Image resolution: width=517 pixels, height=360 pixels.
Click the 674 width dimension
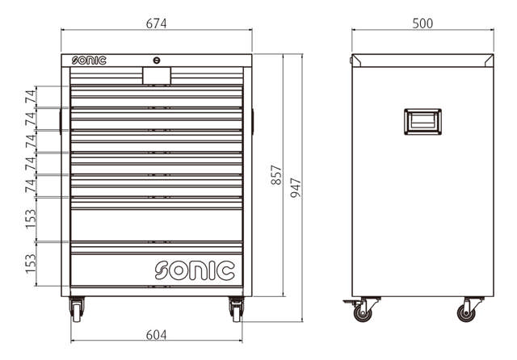(156, 23)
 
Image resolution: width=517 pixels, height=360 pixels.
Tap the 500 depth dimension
(422, 23)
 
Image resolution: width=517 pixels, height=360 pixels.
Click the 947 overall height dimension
(296, 188)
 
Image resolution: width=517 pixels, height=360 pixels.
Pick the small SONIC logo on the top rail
(88, 60)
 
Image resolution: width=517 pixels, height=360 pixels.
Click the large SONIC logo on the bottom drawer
(194, 270)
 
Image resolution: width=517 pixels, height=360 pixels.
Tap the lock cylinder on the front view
(156, 60)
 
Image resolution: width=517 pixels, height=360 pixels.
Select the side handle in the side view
(422, 121)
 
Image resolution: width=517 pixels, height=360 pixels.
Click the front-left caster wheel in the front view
(77, 310)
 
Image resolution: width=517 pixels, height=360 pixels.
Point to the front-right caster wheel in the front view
(236, 310)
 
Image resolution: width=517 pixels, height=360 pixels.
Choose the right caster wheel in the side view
(466, 309)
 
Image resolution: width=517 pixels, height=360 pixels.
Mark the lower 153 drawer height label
(30, 263)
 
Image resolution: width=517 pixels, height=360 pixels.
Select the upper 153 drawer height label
(30, 219)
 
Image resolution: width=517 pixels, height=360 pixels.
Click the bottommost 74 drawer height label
(30, 186)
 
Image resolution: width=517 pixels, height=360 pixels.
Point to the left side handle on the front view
(61, 120)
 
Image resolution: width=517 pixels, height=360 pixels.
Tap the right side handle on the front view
(252, 120)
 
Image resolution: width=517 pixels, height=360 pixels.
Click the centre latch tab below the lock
(156, 75)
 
